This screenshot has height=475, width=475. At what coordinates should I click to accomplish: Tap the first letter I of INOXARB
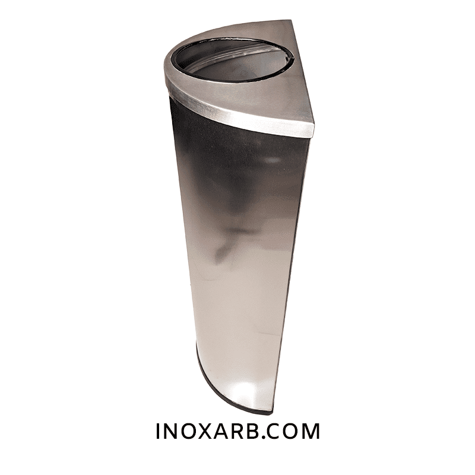coord(158,431)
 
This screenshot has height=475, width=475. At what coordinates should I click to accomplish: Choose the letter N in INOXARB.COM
coord(170,431)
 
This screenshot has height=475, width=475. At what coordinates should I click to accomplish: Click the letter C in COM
coord(274,431)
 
